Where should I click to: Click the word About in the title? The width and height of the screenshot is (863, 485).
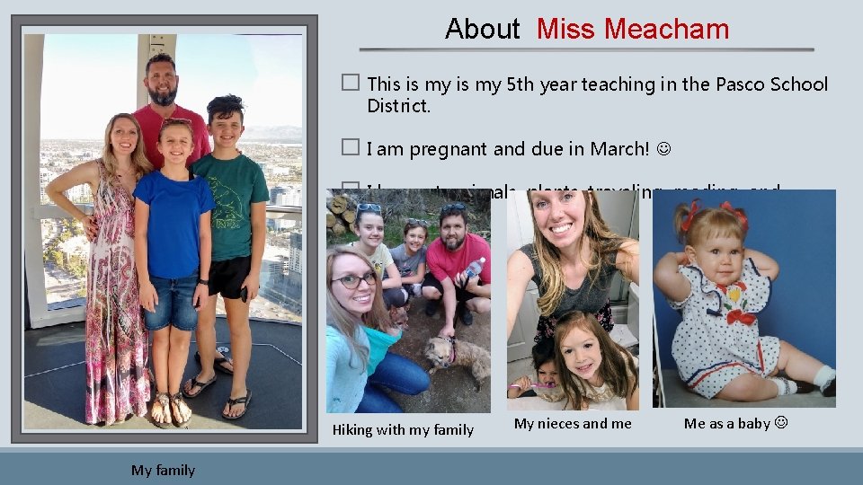coord(482,29)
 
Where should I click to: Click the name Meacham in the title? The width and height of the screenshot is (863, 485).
coord(666,29)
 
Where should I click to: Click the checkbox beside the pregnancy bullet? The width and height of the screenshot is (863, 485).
coord(351,147)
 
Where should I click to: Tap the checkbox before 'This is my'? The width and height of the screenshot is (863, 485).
coord(351,83)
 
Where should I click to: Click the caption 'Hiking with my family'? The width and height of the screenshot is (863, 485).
coord(403,429)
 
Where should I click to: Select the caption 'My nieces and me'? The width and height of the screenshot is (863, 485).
coord(573,423)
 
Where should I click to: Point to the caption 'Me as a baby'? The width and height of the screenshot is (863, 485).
coord(726,423)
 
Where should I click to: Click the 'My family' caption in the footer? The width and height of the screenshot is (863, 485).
coord(163,470)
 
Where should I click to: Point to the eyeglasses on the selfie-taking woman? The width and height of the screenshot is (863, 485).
coord(352,281)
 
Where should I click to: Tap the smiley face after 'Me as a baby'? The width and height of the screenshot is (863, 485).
coord(779,423)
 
